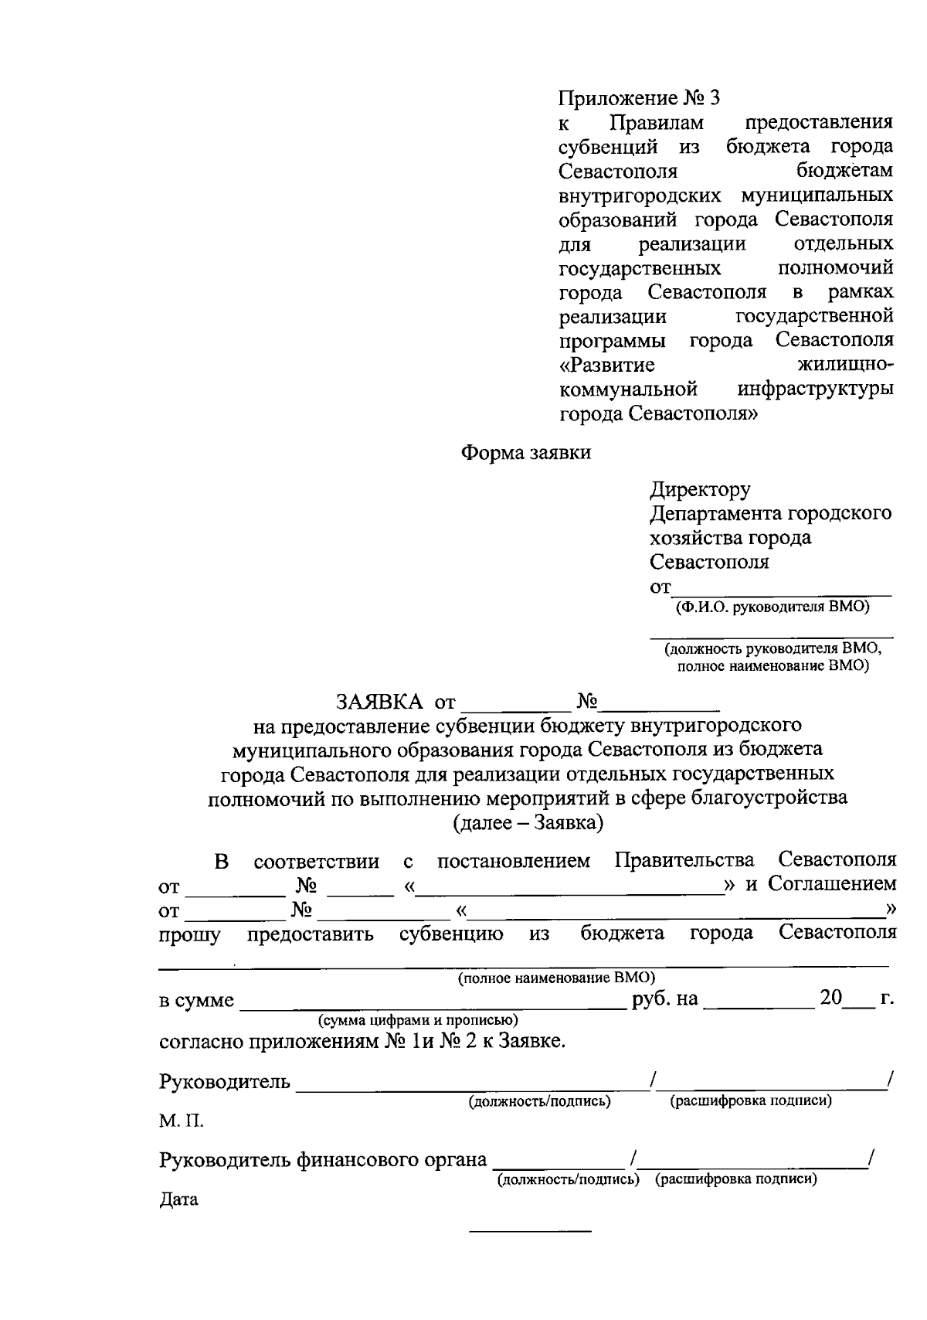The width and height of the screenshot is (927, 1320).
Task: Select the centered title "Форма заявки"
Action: (525, 453)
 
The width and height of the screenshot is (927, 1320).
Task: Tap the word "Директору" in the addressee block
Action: (700, 489)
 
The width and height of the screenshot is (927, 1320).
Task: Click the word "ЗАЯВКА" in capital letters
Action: (379, 702)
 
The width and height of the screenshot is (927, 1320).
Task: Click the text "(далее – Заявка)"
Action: (528, 822)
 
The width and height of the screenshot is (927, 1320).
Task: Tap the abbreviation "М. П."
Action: (182, 1121)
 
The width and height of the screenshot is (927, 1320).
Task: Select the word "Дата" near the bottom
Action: (178, 1199)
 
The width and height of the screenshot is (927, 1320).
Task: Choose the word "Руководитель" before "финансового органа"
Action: (225, 1160)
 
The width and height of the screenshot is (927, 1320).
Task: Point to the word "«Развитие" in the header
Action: (607, 365)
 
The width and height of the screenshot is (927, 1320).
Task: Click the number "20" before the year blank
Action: (830, 999)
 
